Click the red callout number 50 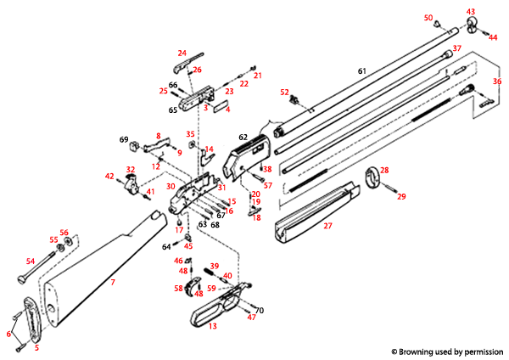(428, 18)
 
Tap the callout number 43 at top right (471, 12)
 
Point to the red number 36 (497, 81)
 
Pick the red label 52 (285, 92)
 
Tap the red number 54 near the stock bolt (30, 262)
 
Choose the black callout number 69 (123, 139)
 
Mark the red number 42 (109, 176)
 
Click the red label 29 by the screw (401, 196)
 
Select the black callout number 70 (260, 310)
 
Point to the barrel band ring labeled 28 (372, 178)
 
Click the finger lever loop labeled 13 (208, 315)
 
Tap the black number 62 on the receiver (242, 136)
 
